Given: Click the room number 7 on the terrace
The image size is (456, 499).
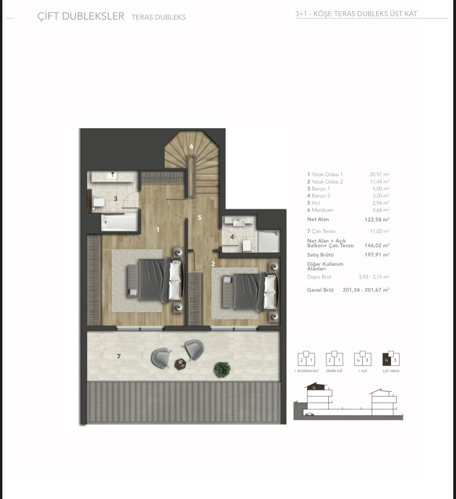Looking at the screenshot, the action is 119,356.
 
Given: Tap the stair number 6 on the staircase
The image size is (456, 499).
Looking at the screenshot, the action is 191,146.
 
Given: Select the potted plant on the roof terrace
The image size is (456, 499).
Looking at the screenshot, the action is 222,369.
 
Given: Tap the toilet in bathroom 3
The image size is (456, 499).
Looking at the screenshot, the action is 98,202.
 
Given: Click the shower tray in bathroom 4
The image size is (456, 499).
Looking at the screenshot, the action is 269,241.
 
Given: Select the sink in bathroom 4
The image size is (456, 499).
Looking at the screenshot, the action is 239,222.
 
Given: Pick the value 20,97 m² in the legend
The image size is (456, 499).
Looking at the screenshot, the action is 379,174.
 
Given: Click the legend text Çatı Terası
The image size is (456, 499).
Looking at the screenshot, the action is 324,232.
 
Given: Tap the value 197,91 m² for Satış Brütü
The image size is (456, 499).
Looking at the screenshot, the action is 377,255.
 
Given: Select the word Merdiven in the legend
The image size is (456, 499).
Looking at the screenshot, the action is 322,210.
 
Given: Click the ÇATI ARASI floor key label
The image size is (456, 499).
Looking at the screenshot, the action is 391,371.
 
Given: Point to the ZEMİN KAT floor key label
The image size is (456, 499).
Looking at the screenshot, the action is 334,371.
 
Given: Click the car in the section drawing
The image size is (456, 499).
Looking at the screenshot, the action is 310,414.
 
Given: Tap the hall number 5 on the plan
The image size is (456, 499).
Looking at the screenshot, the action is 200,218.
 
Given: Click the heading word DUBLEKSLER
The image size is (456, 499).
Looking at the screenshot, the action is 93,16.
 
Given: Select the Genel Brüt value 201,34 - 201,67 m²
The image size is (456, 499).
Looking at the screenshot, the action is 366,290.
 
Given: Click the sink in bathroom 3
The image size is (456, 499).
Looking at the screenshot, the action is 113,176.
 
